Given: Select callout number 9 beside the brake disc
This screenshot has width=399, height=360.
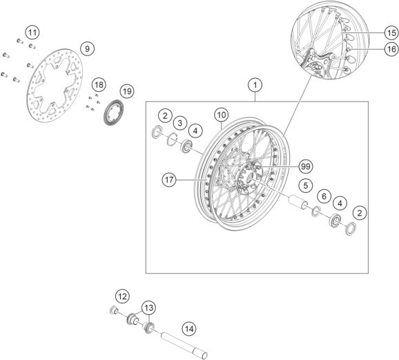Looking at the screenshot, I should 86,48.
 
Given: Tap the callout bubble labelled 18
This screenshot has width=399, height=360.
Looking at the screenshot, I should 99,84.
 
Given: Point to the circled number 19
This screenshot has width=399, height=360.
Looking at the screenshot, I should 126,91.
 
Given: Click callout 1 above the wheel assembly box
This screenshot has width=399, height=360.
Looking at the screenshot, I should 255,86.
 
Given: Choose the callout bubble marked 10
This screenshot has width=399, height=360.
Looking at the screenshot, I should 220,114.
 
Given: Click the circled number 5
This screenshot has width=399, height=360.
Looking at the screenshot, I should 303,185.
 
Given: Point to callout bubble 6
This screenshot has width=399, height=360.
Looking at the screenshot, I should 324,197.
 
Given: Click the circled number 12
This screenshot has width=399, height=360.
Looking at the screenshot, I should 121,296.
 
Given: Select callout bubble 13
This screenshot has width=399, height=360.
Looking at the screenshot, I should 148,307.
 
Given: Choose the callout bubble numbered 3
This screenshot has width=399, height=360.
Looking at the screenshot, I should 179,123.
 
